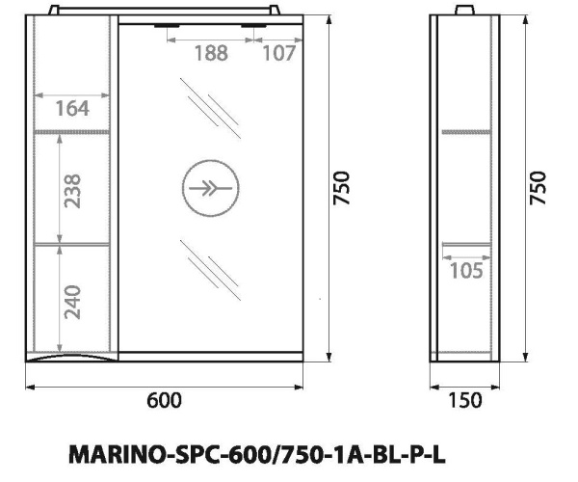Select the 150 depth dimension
click(467, 400)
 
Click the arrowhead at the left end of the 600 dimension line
click(28, 388)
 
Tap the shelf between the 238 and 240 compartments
click(75, 243)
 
